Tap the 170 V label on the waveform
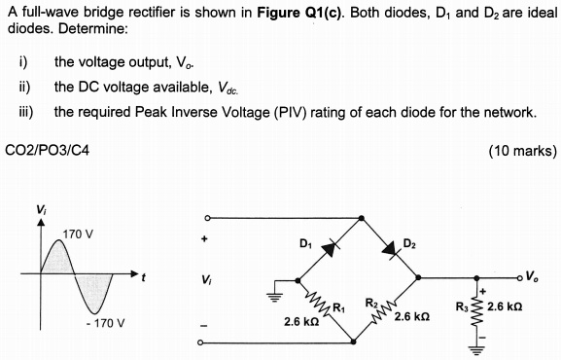(x=78, y=234)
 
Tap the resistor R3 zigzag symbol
(x=476, y=310)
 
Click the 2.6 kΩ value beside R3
(x=512, y=308)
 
